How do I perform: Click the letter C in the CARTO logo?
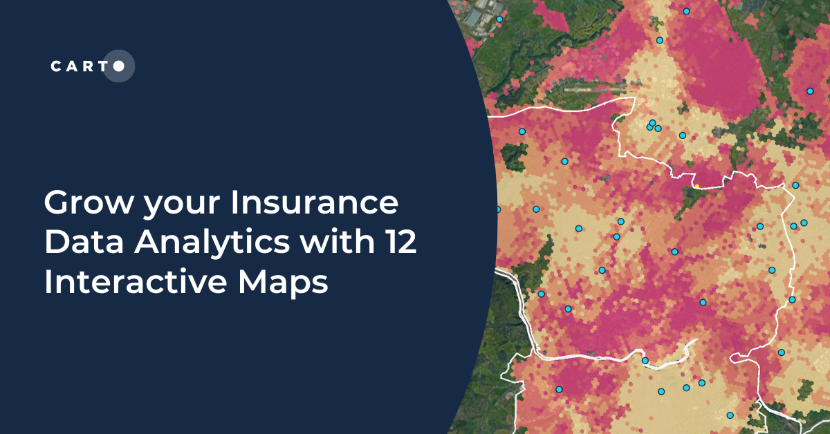56,66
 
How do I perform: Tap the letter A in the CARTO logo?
71,66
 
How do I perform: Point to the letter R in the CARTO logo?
86,66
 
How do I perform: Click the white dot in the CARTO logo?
119,66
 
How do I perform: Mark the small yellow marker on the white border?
697,186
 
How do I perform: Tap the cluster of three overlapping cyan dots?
652,126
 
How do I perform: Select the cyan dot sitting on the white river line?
645,361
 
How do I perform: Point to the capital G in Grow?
57,205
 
